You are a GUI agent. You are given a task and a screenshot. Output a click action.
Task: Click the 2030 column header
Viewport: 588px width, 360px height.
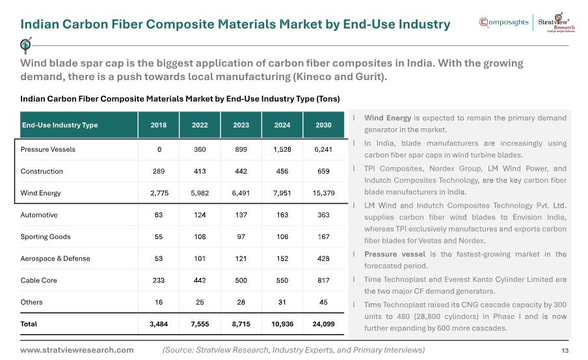tap(323, 125)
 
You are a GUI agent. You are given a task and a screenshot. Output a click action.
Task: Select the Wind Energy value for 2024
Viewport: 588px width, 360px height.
tap(282, 193)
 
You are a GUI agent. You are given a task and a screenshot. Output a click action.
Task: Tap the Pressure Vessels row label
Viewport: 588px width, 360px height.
tap(48, 150)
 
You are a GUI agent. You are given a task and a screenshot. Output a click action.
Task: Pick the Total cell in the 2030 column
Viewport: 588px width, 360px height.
tap(323, 324)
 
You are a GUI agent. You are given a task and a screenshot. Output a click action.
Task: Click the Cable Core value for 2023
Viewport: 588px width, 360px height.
tap(241, 281)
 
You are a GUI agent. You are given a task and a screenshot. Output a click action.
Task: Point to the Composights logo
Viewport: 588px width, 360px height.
tap(503, 23)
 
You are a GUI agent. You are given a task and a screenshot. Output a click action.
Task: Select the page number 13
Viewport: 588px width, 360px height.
tap(565, 351)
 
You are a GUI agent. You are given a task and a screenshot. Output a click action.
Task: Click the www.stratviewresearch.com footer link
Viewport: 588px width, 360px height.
tap(77, 350)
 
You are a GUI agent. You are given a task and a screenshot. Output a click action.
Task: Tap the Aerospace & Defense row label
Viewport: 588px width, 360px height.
tap(55, 258)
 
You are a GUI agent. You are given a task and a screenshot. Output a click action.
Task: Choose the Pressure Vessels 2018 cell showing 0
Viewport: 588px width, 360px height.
tap(159, 150)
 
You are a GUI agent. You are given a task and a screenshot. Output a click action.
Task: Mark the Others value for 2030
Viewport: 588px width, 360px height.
tap(323, 302)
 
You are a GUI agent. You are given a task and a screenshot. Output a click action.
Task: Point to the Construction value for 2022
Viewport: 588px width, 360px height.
tap(200, 171)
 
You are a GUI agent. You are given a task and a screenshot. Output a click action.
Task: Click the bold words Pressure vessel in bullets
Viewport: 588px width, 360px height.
tap(395, 254)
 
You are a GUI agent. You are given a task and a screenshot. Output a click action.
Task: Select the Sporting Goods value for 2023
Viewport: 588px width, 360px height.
tap(241, 237)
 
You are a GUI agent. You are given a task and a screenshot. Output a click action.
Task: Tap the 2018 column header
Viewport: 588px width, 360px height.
tap(159, 125)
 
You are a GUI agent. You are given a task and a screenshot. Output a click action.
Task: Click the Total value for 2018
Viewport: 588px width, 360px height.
tap(159, 324)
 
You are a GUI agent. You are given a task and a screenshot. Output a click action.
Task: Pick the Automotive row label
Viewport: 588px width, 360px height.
tap(39, 215)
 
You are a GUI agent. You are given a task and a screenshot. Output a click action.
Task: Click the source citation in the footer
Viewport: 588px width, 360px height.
tap(293, 350)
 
